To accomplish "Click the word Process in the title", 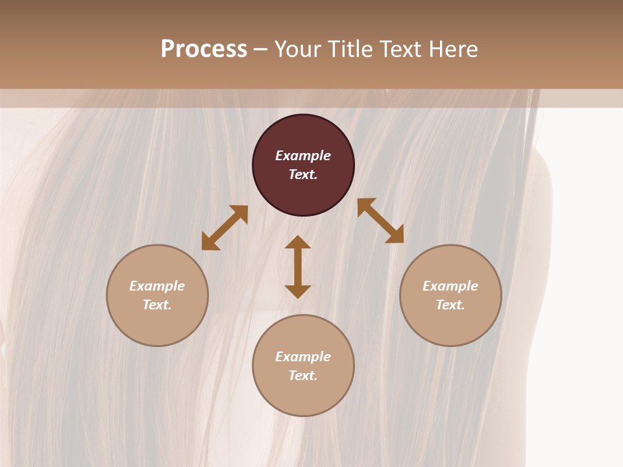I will point(204,49).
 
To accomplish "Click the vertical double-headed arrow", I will point(298,267).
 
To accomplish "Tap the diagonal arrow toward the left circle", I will point(225,228).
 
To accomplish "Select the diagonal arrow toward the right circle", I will point(380,221).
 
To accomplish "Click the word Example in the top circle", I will point(303,156).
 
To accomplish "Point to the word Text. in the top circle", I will point(303,174).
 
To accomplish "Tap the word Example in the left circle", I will point(157,286).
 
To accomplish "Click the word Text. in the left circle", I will point(157,305).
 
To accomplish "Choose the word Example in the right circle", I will point(450,286).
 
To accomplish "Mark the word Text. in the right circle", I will point(450,305).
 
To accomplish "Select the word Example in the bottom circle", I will point(303,357).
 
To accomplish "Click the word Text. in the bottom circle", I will point(303,376).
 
